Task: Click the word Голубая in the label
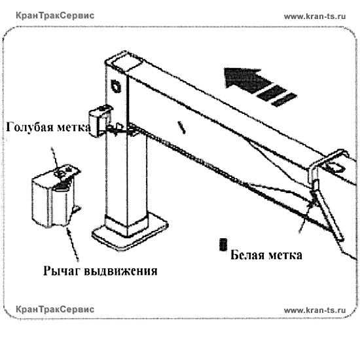click(x=30, y=127)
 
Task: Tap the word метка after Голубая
click(x=74, y=128)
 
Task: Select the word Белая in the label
click(x=247, y=255)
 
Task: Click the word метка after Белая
click(x=285, y=255)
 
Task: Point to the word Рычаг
click(x=62, y=270)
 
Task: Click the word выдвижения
click(x=121, y=271)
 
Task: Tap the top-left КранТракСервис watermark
click(x=55, y=16)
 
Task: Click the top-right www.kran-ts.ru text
click(x=315, y=16)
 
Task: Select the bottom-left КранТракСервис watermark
click(x=55, y=309)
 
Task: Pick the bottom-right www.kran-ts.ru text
click(x=315, y=310)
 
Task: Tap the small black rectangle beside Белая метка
click(x=223, y=245)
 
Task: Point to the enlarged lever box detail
click(x=56, y=196)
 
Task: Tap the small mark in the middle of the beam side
click(x=181, y=128)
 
